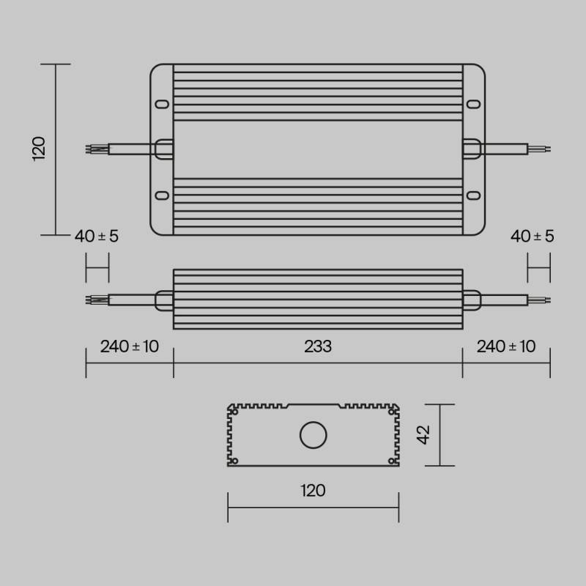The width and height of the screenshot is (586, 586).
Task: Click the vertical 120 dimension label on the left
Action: click(39, 148)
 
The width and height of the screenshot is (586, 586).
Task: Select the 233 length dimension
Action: click(318, 346)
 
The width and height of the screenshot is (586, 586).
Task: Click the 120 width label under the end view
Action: click(313, 490)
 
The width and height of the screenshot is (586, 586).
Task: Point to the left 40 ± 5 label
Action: click(96, 236)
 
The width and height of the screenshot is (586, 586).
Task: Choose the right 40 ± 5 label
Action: click(533, 236)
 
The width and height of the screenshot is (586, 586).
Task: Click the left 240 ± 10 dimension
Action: click(130, 346)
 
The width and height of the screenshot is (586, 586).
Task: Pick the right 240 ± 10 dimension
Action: click(506, 346)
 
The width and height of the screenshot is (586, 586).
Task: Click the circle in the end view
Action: click(314, 435)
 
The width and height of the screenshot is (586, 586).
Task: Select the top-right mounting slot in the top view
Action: click(474, 103)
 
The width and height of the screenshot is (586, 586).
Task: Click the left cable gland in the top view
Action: click(163, 149)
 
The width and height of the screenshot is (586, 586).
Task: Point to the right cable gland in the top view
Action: click(472, 149)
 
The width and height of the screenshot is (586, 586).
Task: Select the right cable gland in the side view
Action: click(471, 299)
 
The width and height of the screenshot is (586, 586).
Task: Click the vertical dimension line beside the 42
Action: click(439, 435)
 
